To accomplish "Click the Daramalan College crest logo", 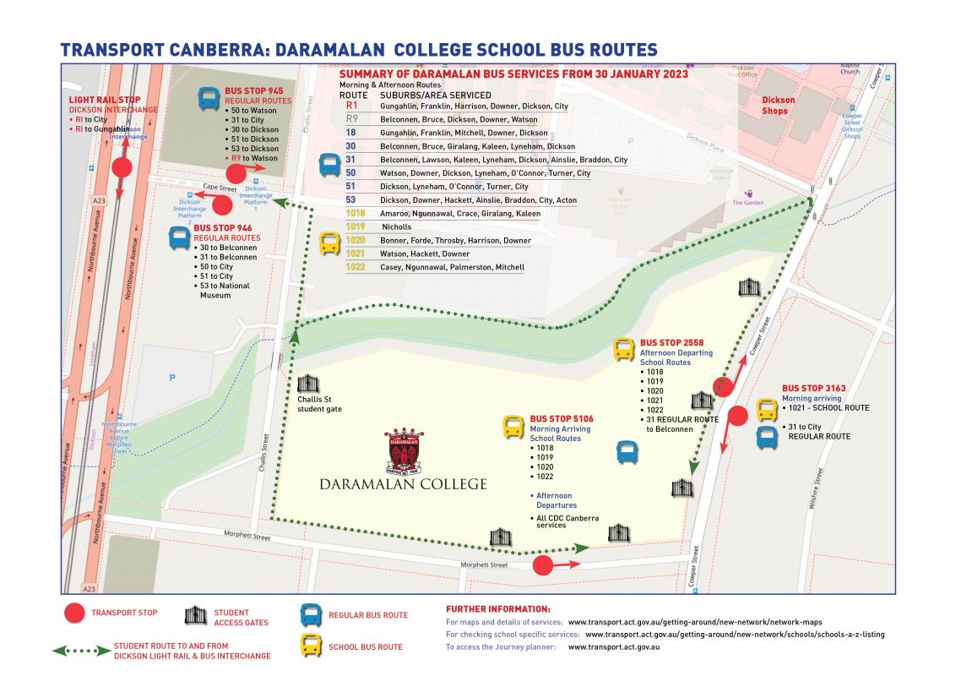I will (403, 451).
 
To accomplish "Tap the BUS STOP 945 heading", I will (253, 90).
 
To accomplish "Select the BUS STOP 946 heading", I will (222, 228).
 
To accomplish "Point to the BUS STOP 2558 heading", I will (673, 343).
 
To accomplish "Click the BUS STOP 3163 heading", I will (813, 389).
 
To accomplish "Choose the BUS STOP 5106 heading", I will (562, 419).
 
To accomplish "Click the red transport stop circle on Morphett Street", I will (542, 564).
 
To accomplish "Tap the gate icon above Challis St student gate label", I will (307, 384).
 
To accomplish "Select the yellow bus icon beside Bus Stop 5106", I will (513, 427).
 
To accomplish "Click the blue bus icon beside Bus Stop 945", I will (208, 99).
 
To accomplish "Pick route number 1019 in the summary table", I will (356, 227).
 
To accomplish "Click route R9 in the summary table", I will (352, 120).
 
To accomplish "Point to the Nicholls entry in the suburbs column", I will (396, 227).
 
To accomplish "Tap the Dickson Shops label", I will (778, 106).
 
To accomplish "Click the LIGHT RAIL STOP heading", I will (105, 100).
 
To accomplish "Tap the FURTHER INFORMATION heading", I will (497, 608).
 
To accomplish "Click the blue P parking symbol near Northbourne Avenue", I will (171, 378).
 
